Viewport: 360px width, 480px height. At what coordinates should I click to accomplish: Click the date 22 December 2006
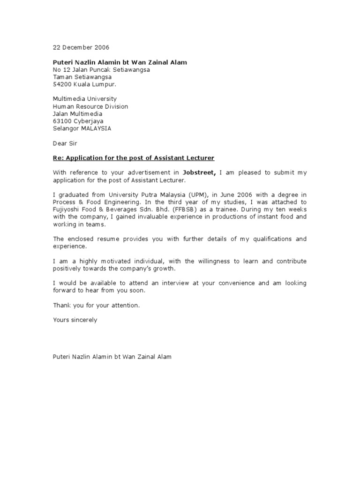pos(80,47)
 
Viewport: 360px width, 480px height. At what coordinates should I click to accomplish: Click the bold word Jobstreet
pos(199,172)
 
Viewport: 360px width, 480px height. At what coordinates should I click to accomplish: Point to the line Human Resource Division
pos(90,106)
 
